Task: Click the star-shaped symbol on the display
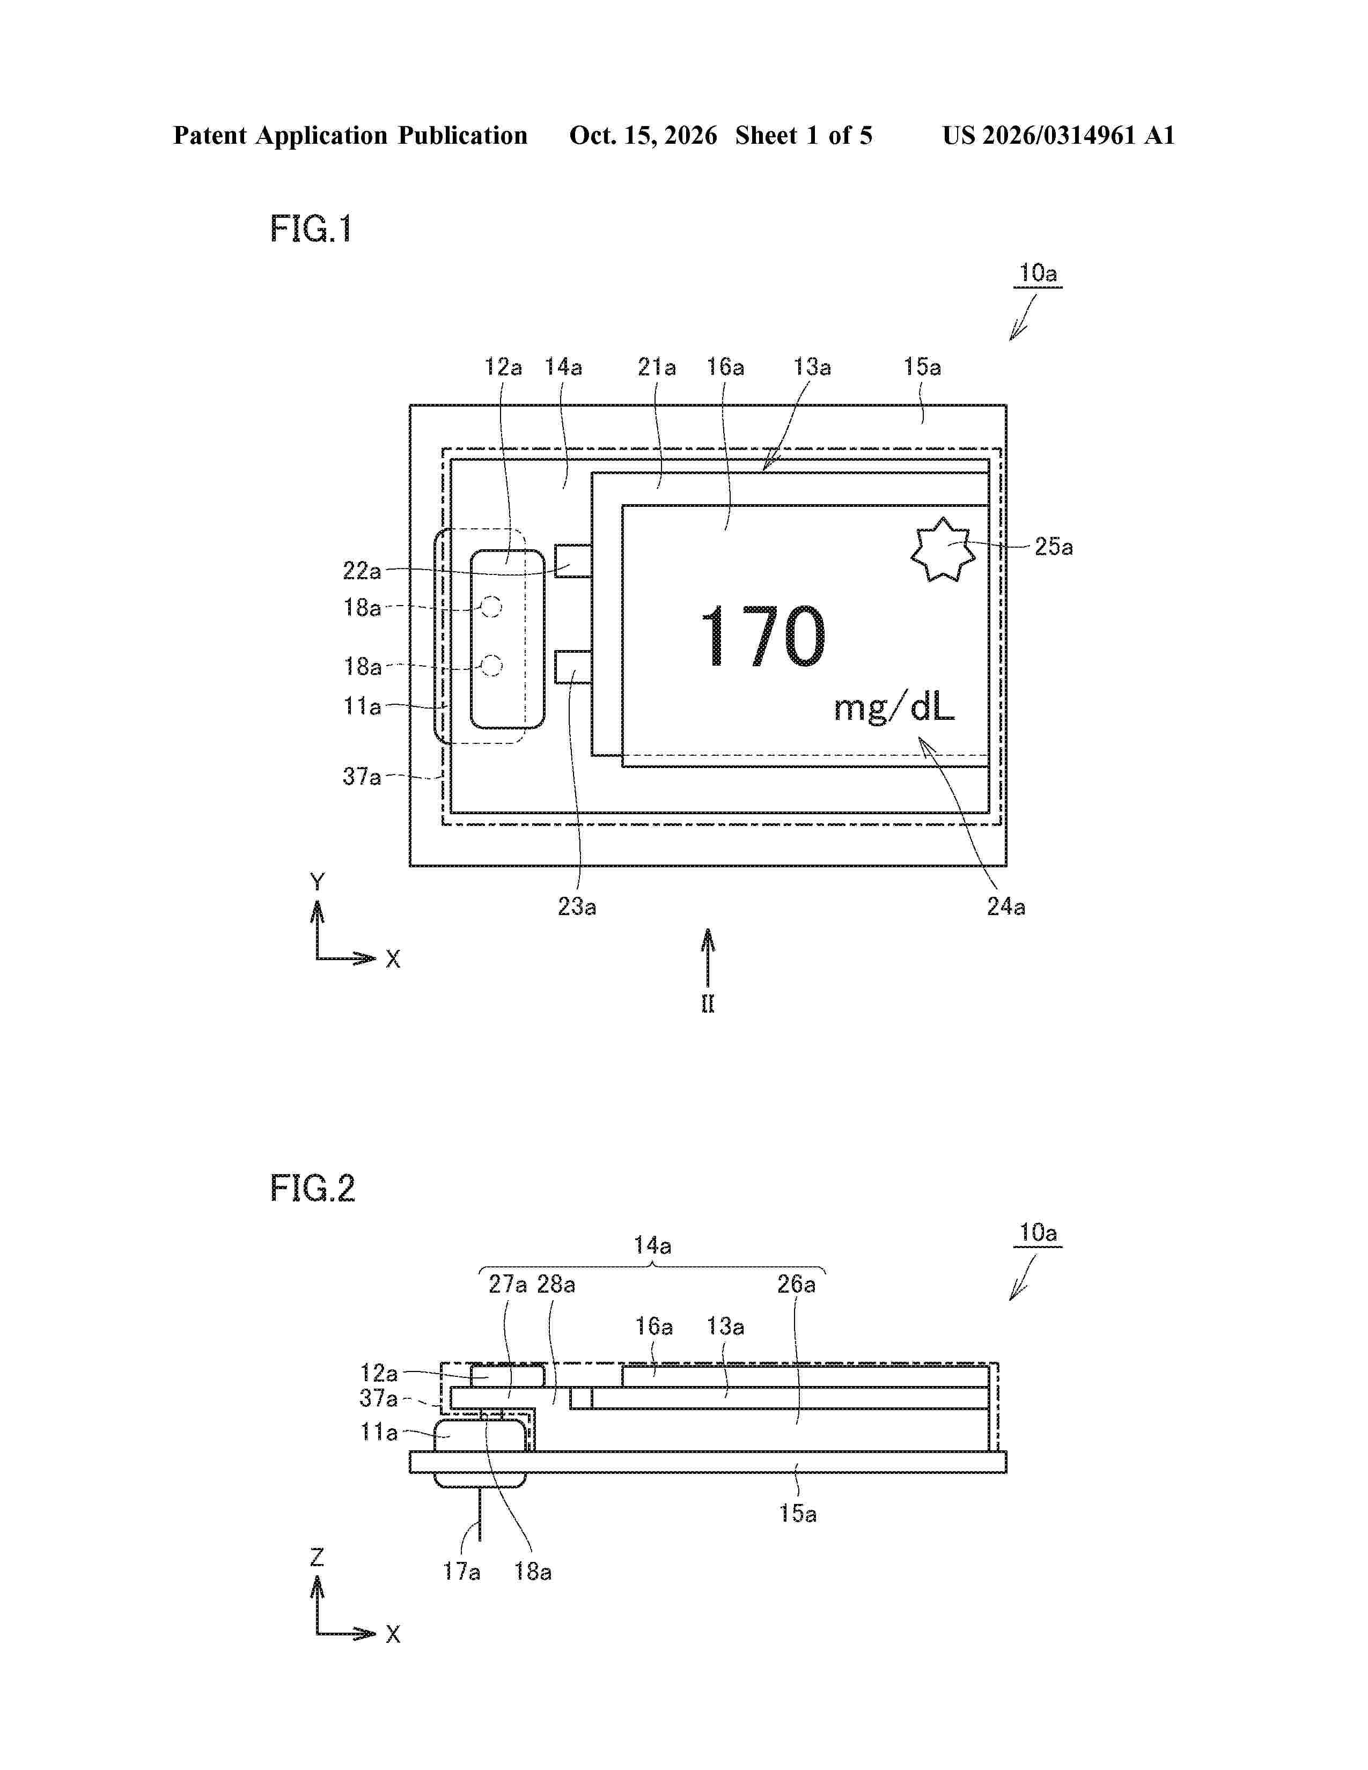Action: [x=943, y=549]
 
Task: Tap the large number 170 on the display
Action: [x=763, y=637]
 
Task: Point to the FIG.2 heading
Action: [x=313, y=1188]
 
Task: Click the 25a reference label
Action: [x=1054, y=547]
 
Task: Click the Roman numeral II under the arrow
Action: [x=708, y=1004]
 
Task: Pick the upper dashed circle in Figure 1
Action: [x=491, y=606]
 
